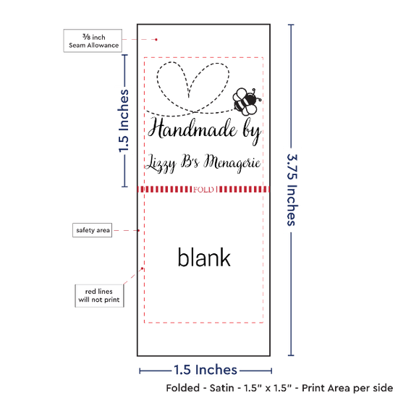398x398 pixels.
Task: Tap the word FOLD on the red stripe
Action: tap(203, 190)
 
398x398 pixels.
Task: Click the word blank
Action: tap(204, 258)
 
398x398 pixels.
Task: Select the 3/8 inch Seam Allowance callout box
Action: tap(93, 41)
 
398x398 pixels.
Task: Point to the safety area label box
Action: tap(93, 230)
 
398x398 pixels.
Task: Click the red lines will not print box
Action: tap(99, 296)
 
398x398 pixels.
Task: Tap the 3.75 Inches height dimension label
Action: tap(292, 190)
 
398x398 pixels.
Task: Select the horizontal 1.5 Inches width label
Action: tap(206, 370)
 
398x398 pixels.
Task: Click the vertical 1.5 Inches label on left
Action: tap(124, 121)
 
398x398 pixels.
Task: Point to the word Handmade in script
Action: tap(192, 129)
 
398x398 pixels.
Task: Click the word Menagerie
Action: tap(232, 163)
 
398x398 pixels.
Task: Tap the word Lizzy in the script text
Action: tap(161, 164)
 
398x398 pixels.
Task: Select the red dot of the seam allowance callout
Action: tap(156, 40)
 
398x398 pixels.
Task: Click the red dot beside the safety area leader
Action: tap(139, 230)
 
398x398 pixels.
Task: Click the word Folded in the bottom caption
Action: tap(183, 388)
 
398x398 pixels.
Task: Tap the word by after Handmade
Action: tap(252, 132)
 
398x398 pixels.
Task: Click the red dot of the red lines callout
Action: tap(142, 268)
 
